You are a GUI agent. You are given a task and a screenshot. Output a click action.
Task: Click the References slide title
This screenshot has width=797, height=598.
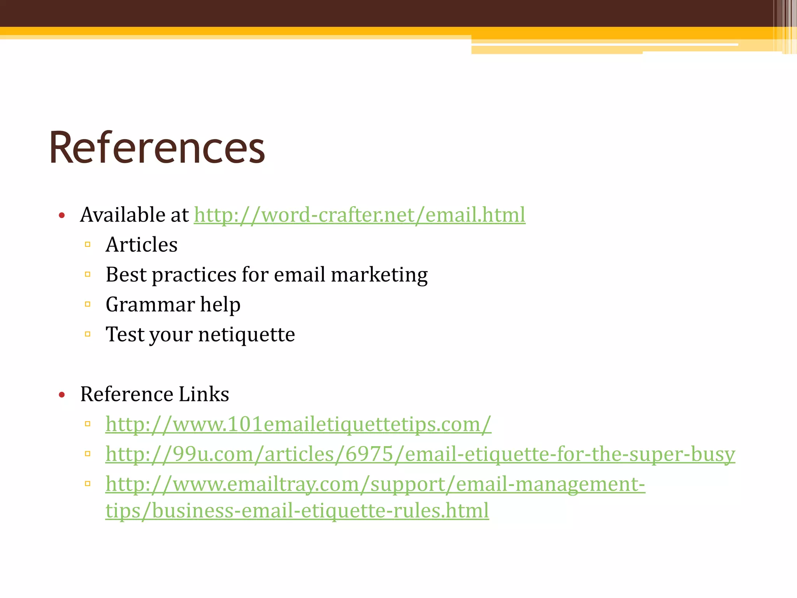coord(157,148)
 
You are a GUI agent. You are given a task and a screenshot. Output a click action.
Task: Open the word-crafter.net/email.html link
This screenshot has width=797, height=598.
coord(360,215)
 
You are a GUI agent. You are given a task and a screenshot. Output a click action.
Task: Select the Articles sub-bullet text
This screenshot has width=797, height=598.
coord(142,245)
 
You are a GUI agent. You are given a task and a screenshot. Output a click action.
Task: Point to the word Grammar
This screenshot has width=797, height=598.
coord(150,304)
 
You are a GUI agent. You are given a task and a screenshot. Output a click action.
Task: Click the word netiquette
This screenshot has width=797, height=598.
coord(247,334)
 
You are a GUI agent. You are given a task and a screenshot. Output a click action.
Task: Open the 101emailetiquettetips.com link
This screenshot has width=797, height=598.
coord(298,424)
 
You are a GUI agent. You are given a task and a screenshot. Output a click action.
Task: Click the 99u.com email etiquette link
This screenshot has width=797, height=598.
coord(420,454)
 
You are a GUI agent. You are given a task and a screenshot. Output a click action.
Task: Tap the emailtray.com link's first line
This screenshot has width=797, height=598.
coord(375,484)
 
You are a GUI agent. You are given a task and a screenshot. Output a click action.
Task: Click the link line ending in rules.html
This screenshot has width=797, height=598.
coord(297,510)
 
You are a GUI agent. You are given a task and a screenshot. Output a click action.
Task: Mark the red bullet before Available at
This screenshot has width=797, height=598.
coord(61,215)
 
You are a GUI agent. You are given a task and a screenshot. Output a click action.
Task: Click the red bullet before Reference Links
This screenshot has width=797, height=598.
coord(61,395)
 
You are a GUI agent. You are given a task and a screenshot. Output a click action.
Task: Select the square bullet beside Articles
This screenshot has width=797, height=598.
coord(88,244)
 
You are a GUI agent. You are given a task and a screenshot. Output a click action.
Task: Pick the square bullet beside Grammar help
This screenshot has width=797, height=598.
coord(88,304)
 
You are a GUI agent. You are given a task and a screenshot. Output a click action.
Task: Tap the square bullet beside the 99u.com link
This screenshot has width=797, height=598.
coord(88,454)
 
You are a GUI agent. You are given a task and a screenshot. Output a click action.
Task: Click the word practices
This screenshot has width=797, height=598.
coord(194,275)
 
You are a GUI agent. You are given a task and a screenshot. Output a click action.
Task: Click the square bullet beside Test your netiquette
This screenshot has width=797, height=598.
coord(88,334)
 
